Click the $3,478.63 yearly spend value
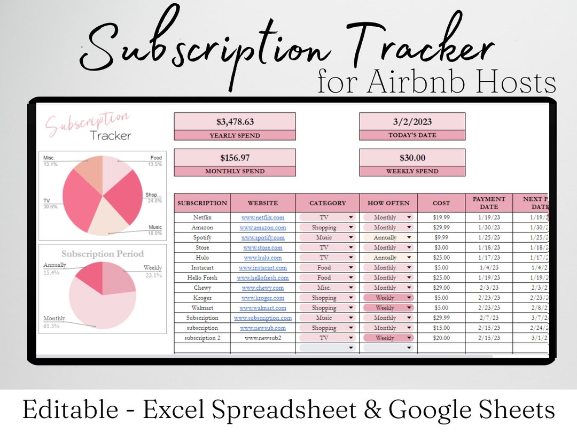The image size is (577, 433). pos(235,121)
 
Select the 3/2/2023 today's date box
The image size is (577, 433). pos(412,121)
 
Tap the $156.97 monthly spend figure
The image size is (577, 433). pos(235,158)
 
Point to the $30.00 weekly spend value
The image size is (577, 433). pos(412,158)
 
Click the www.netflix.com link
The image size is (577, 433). pos(262,218)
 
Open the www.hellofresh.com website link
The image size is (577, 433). pos(262,278)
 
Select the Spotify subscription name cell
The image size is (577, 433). pos(202,237)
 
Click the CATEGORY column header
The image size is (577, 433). pos(328,203)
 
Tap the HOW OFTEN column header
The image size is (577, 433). pos(388,203)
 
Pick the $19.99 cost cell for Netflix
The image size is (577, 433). pos(441,218)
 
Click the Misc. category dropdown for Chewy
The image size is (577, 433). pos(328,288)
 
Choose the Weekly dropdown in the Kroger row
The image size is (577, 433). pos(388,298)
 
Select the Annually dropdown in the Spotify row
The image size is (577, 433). pos(388,237)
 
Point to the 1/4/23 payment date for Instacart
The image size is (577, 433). pos(489,268)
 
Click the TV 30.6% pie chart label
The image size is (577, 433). pos(50,204)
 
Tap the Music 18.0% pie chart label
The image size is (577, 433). pos(154,230)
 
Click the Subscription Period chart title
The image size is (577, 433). pos(103,254)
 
